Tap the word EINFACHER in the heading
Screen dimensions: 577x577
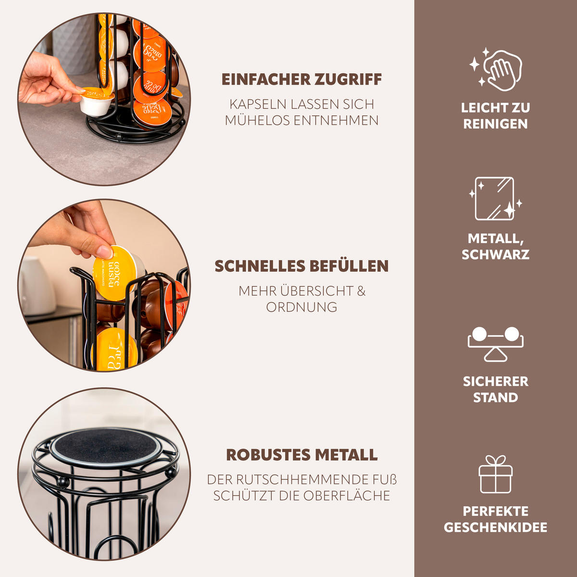coord(262,79)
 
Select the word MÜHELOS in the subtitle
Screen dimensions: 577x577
coord(257,120)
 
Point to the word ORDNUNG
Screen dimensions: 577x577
coord(301,307)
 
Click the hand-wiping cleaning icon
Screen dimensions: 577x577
coord(496,69)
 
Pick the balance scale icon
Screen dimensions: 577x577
coord(496,344)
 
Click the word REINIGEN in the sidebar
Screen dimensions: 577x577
coord(496,124)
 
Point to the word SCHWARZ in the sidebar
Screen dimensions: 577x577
coord(496,254)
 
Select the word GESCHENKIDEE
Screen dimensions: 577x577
coord(496,527)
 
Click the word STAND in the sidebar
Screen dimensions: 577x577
coord(496,398)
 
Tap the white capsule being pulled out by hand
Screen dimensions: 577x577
coord(96,102)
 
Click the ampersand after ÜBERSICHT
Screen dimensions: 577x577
coord(361,291)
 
